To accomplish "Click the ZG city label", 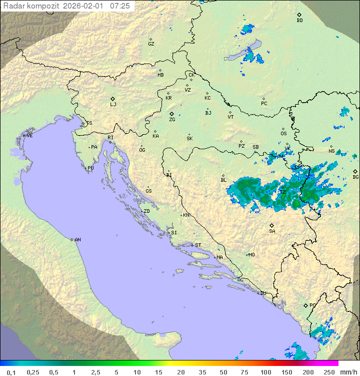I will (172, 120).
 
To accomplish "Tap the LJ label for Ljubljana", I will (113, 105).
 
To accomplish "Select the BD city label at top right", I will (299, 21).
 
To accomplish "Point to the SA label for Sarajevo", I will (272, 231).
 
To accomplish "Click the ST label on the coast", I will (198, 245).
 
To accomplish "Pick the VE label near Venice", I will (29, 136).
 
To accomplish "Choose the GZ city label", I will (151, 44).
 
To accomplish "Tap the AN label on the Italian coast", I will (77, 240).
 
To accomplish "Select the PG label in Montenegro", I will (312, 305).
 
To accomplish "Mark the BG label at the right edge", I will (355, 177).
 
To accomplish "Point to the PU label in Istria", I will (90, 168).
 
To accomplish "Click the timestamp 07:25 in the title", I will (120, 6).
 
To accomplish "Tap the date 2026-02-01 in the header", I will (85, 6).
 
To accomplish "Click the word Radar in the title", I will (13, 6).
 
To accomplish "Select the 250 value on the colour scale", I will (328, 372).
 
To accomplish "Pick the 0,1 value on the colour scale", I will (11, 372).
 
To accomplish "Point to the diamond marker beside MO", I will (247, 255).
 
